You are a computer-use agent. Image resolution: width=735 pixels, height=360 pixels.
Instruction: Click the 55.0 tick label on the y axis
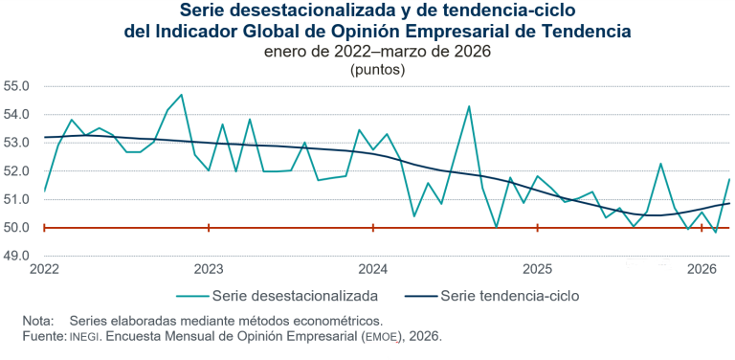click(x=18, y=86)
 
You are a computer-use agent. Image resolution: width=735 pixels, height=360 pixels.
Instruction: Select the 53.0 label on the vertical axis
click(x=18, y=143)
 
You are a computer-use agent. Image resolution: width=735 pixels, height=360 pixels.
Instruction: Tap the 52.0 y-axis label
click(x=18, y=171)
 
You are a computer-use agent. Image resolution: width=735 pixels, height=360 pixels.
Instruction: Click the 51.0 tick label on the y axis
click(x=18, y=200)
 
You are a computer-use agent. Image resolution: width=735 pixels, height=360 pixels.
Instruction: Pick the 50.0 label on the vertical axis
click(x=18, y=229)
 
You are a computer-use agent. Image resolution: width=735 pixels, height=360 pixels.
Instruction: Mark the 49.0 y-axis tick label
click(x=18, y=257)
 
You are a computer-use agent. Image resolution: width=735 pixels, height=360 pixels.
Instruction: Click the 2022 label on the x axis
click(x=44, y=270)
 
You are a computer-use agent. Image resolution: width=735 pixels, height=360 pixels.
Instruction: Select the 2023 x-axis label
click(x=209, y=270)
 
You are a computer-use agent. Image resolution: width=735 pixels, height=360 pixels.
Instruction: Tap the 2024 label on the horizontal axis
click(x=373, y=270)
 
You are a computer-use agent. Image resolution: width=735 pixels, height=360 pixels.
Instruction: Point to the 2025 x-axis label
click(x=538, y=270)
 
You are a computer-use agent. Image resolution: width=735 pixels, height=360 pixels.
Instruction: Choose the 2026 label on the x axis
click(x=702, y=270)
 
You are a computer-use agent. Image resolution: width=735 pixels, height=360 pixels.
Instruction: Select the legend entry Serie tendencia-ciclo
click(x=509, y=295)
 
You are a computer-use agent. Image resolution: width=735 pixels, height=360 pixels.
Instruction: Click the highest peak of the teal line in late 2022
click(x=182, y=95)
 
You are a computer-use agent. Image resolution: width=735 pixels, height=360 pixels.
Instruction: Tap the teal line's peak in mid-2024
click(x=469, y=106)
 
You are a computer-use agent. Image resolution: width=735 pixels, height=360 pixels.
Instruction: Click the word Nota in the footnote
click(x=38, y=321)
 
